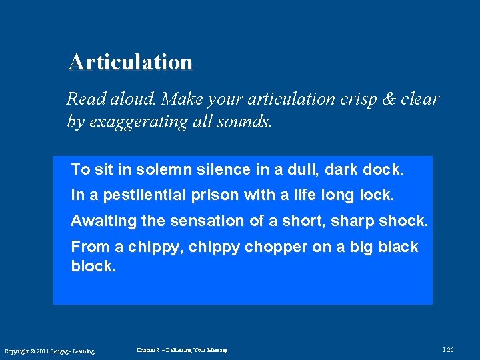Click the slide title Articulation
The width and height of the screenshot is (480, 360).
coord(130,62)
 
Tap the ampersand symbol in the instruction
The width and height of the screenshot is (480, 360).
coord(388,99)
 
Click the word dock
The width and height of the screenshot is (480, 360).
coord(383,170)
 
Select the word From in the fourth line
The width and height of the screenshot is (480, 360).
coord(90,247)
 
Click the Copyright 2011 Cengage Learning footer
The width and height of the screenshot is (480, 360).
coord(49,351)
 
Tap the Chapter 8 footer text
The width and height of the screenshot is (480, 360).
coord(182,350)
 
